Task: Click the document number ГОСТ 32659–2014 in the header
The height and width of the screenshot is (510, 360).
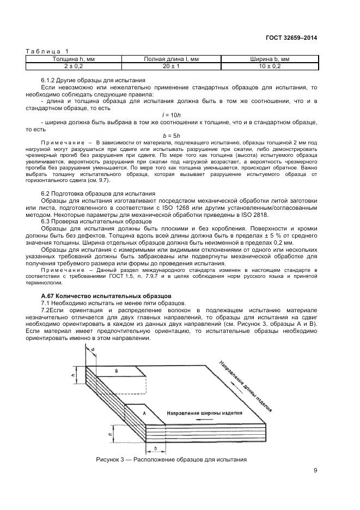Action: tap(291, 38)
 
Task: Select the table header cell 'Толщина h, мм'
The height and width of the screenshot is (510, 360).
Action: tap(74, 58)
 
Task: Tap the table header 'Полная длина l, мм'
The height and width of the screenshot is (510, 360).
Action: tap(171, 58)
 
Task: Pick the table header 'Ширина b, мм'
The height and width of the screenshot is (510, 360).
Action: tap(269, 58)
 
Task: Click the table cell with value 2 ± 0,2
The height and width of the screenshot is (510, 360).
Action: tap(74, 65)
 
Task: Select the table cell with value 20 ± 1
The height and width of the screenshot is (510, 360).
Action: tap(171, 65)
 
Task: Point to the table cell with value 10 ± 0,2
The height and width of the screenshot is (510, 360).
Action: tap(269, 65)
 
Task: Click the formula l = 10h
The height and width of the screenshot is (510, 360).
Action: tap(171, 114)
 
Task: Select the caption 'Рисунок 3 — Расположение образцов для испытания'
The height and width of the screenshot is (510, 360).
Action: tap(171, 459)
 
